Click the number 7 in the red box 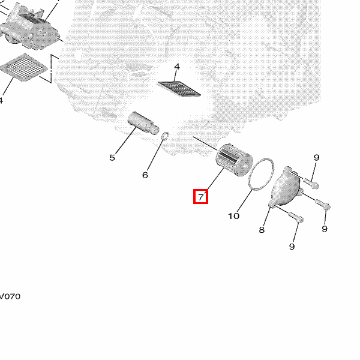pos(201,197)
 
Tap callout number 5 pos(112,158)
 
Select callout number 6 pos(145,175)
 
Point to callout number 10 pos(234,216)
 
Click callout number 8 pos(262,230)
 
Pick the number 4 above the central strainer pos(177,67)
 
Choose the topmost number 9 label pos(316,158)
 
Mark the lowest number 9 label pos(292,247)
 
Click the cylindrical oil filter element pos(234,160)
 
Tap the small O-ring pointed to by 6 pos(166,136)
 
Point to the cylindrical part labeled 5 pos(143,123)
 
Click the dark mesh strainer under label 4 pos(179,89)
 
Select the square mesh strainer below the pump pos(24,67)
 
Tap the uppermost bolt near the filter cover pos(311,183)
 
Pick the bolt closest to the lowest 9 pos(296,218)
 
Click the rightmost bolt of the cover pos(323,205)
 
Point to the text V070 pos(10,296)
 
